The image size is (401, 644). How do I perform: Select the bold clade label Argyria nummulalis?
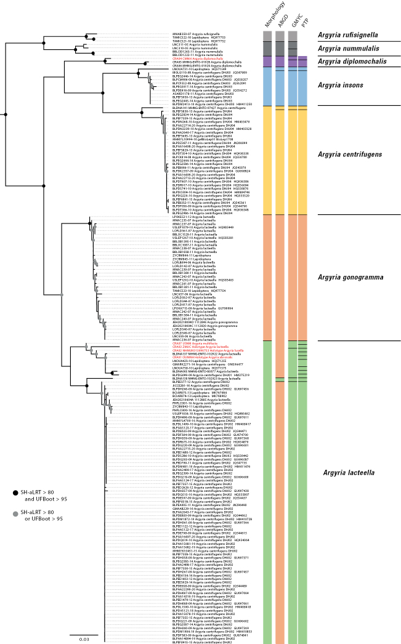tap(352, 48)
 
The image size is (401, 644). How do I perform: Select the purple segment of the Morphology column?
tap(267, 62)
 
